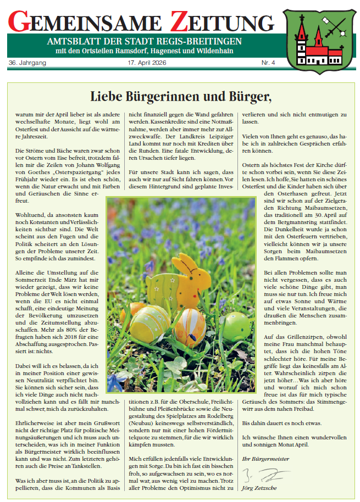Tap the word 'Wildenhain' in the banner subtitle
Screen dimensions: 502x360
click(214, 52)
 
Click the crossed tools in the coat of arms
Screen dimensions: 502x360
click(331, 25)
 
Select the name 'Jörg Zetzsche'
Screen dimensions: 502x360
click(261, 487)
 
